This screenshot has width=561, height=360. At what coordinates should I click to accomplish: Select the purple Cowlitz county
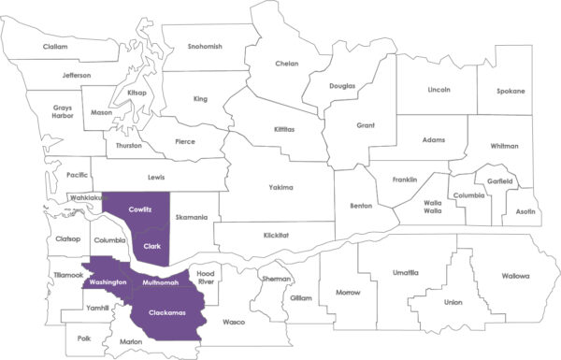tap(140, 211)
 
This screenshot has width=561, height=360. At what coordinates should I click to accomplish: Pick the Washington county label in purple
tap(104, 281)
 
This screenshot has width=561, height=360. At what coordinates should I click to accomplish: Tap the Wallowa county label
tap(513, 276)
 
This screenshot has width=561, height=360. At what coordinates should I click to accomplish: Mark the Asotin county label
tap(525, 212)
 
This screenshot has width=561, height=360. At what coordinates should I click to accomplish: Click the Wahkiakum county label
tap(85, 199)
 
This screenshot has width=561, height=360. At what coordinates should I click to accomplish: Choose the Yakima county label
tap(280, 187)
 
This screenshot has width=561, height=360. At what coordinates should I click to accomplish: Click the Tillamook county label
tap(66, 274)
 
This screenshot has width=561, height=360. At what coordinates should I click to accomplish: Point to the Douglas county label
tap(342, 86)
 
